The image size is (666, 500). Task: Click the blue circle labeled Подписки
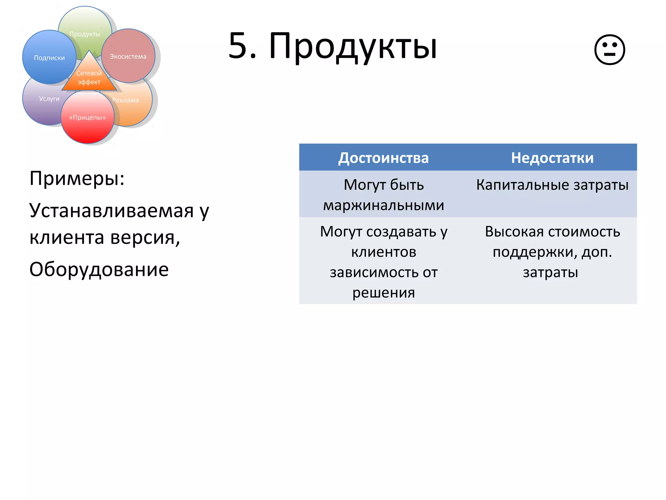click(x=49, y=58)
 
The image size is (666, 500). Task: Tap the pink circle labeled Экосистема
click(x=128, y=56)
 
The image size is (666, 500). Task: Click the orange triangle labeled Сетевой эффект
click(x=89, y=77)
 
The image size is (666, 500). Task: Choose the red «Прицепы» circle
click(x=87, y=118)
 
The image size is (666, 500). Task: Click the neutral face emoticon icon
click(x=609, y=50)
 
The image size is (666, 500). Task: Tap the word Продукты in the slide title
click(x=353, y=47)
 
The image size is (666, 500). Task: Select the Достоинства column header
click(x=383, y=158)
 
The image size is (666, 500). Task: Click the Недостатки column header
click(x=552, y=158)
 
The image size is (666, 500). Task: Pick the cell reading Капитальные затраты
click(x=552, y=185)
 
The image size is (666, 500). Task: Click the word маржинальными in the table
click(x=383, y=205)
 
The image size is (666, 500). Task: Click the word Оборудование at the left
click(x=99, y=270)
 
